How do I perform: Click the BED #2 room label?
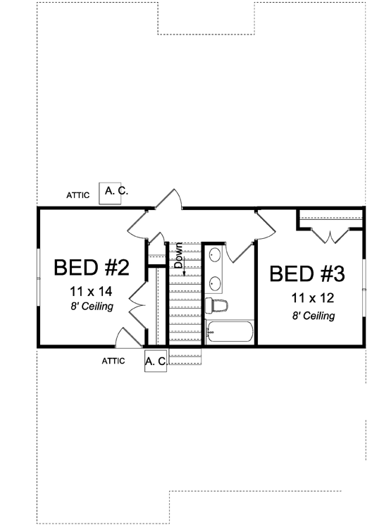coord(91,268)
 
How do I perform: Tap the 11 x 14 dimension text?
coord(92,290)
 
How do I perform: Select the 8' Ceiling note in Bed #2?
coord(92,307)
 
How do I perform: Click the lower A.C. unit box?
coord(156,361)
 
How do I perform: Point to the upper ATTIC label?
coord(77,195)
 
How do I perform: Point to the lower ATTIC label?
coord(113,361)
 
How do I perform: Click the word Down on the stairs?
coord(178,254)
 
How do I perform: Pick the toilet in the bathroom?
coord(217,306)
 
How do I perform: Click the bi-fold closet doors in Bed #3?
coord(330,235)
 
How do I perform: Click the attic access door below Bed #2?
coord(128,338)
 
